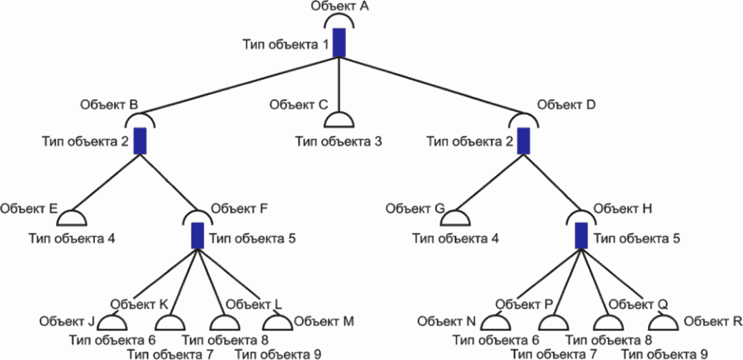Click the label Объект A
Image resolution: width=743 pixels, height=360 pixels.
click(341, 7)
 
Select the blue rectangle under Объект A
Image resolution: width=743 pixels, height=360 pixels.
click(338, 43)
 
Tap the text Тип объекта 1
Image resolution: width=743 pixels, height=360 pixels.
click(286, 45)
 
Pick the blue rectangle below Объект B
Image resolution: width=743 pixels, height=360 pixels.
click(140, 141)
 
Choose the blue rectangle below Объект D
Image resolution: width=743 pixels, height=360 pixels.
click(523, 141)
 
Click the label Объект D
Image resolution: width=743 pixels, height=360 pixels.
click(568, 105)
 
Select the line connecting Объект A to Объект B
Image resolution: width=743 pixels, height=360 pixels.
click(239, 86)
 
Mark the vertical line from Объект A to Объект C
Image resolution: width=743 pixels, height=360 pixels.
click(338, 85)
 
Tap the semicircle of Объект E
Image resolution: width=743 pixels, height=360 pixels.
click(72, 218)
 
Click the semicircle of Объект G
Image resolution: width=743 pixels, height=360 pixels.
click(455, 218)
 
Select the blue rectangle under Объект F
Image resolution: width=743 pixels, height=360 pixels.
click(197, 235)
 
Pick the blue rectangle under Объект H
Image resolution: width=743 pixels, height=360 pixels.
click(581, 235)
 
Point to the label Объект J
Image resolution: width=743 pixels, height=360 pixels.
click(67, 322)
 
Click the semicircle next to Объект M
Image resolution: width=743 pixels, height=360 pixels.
click(277, 323)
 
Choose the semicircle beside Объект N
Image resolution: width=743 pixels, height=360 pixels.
click(495, 323)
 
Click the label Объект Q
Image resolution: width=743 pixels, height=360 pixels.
click(638, 304)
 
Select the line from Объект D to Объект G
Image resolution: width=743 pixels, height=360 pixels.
click(489, 182)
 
